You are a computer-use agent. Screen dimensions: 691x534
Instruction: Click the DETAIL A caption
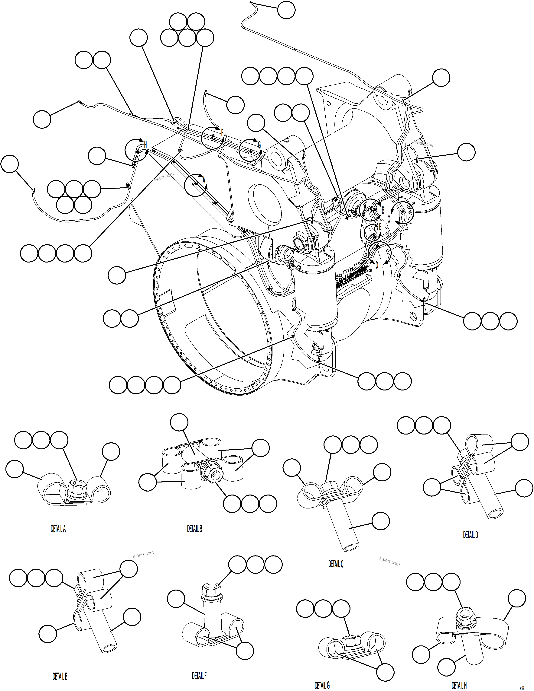coord(58,529)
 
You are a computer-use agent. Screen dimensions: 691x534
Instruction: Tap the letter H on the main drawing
coord(145,145)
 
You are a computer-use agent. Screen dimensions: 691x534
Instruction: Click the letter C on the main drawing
coord(389,219)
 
